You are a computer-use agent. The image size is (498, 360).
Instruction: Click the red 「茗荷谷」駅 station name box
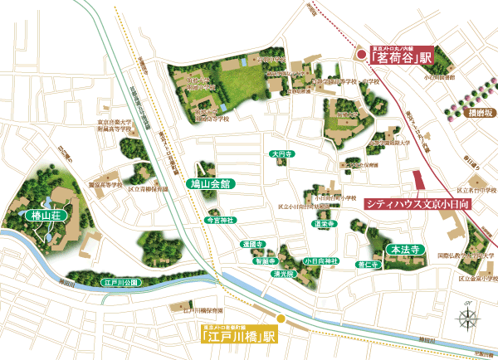click(x=403, y=59)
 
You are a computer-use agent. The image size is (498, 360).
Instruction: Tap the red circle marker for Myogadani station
click(x=361, y=55)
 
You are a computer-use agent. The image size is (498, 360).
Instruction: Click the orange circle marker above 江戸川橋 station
click(x=281, y=318)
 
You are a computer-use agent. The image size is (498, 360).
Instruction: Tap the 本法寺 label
click(x=407, y=248)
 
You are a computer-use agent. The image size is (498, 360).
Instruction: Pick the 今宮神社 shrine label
click(x=220, y=220)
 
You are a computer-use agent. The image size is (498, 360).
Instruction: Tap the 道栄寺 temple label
click(x=324, y=224)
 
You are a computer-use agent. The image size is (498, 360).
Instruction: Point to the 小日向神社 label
click(x=322, y=262)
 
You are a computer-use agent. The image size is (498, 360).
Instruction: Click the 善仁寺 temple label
click(x=367, y=265)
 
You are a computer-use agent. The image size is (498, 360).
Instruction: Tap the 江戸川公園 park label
click(x=121, y=283)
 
